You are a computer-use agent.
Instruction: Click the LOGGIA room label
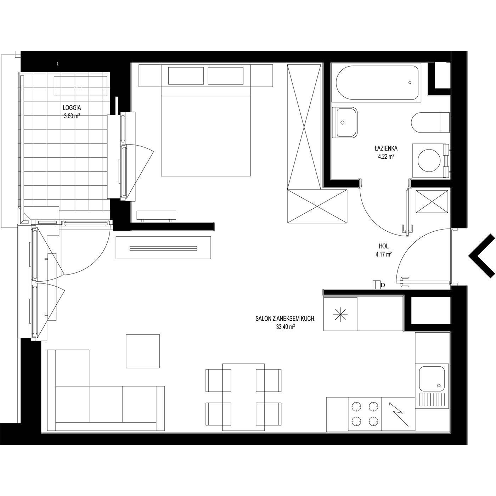pos(72,108)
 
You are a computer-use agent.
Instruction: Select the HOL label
pos(384,246)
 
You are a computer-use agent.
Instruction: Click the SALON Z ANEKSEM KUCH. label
pos(285,319)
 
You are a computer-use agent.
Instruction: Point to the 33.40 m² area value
pos(285,327)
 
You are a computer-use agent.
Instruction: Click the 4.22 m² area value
pos(387,156)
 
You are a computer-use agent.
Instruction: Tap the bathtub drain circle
pos(410,83)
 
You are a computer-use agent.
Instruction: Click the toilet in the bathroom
pos(430,123)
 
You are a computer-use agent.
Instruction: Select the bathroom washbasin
pos(345,123)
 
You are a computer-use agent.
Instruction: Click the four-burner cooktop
pos(365,414)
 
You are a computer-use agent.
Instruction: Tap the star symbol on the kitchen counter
pos(340,314)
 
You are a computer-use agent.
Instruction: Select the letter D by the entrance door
pos(383,285)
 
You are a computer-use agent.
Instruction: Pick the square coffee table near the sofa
pos(142,351)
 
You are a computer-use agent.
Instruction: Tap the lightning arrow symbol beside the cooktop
pos(399,414)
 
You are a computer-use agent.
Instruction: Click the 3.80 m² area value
pos(72,116)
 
